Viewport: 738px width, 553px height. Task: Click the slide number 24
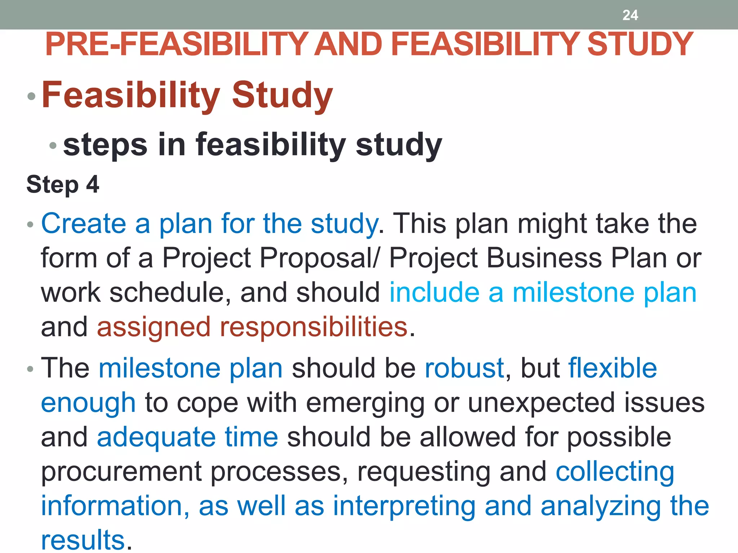(630, 15)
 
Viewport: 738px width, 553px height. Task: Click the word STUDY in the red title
(640, 44)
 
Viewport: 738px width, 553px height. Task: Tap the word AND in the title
(348, 44)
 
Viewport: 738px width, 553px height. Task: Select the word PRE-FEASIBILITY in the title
(177, 44)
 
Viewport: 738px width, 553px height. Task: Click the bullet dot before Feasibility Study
(32, 96)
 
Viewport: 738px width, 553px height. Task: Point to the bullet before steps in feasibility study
(53, 145)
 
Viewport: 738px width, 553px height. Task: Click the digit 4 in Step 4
(93, 184)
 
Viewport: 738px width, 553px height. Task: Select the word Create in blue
(84, 224)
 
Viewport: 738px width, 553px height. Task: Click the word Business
(544, 258)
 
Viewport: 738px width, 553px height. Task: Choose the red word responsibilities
(314, 327)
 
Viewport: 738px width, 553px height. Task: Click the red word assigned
(154, 327)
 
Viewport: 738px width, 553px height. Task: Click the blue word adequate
(156, 437)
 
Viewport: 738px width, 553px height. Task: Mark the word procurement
(121, 472)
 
